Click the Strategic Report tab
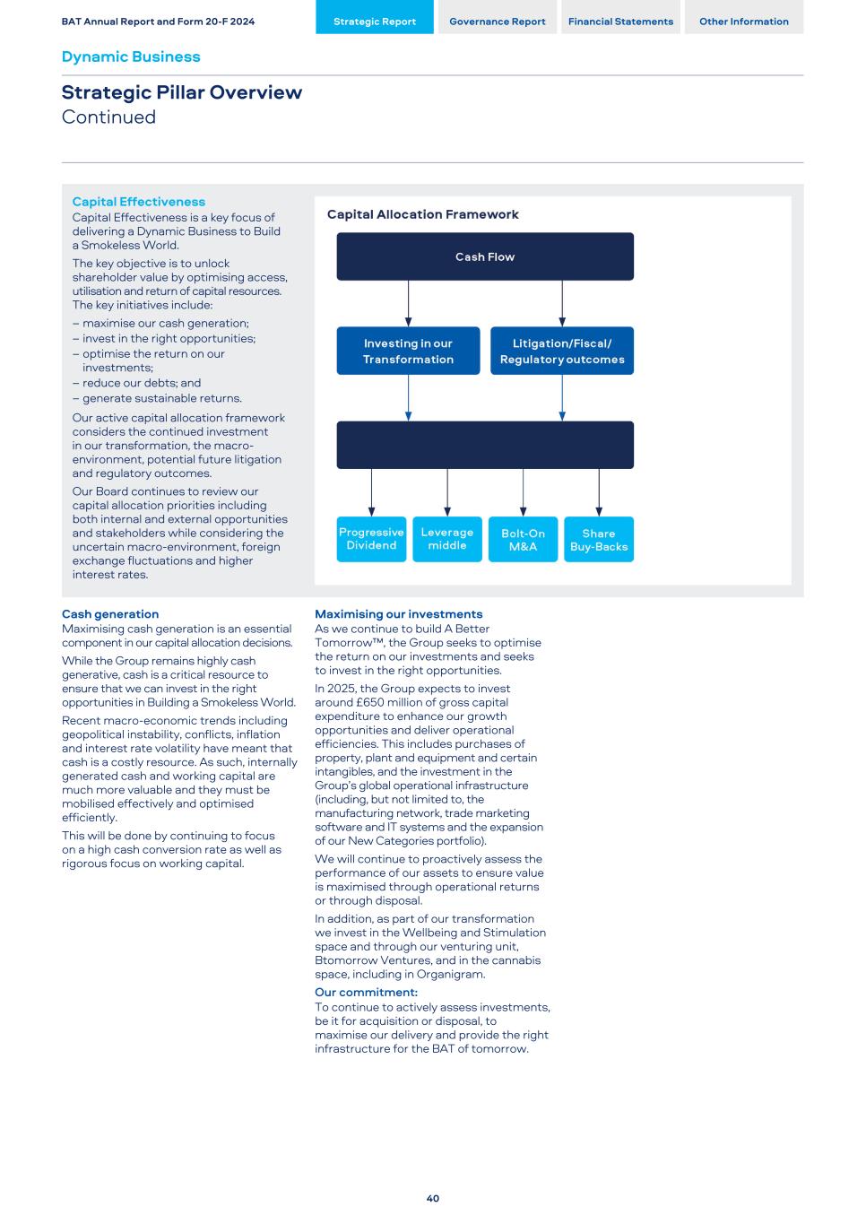(x=375, y=22)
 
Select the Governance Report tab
(x=498, y=22)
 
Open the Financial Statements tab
(x=620, y=22)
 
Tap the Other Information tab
(x=744, y=22)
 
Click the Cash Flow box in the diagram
(x=485, y=256)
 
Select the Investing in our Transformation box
(x=408, y=351)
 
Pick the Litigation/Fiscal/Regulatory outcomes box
(x=562, y=351)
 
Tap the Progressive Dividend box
(x=371, y=539)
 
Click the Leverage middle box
(x=447, y=539)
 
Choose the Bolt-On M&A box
(x=523, y=539)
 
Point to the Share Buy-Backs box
(x=599, y=539)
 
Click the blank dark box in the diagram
(x=485, y=445)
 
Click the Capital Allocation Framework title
(x=422, y=214)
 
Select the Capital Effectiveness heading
(x=138, y=202)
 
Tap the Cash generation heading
(x=110, y=614)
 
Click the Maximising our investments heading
(x=398, y=614)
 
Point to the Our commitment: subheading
(x=366, y=993)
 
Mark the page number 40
(x=433, y=1199)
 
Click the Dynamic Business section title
(x=131, y=56)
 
